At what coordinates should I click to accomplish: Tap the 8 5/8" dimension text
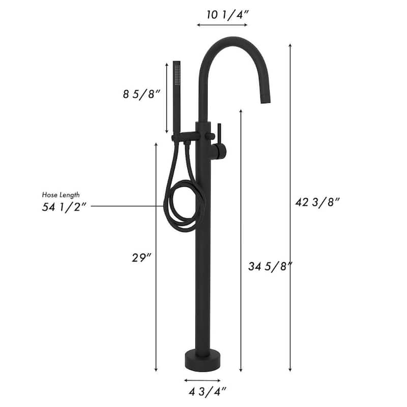click(x=141, y=94)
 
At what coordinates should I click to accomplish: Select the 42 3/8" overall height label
click(x=317, y=201)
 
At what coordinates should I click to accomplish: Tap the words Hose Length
click(x=61, y=195)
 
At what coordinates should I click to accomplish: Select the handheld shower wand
click(x=177, y=97)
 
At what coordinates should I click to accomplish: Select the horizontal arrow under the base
click(x=202, y=380)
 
